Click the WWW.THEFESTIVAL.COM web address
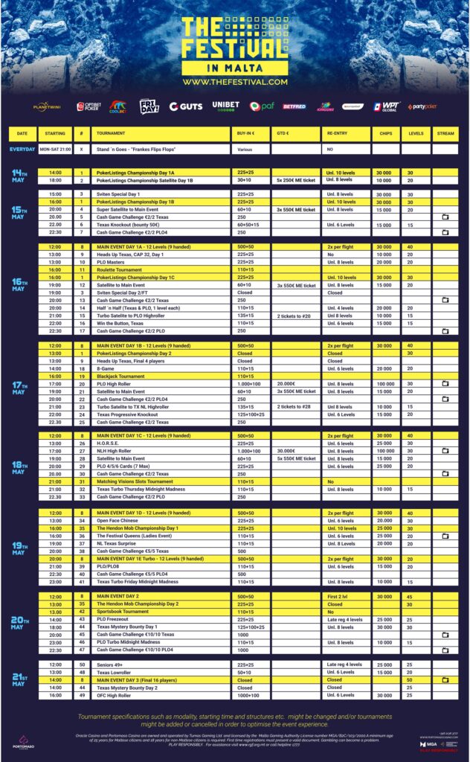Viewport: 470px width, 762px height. [234, 81]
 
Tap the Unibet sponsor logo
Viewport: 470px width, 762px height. [225, 106]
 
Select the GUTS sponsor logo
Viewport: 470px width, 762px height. [185, 106]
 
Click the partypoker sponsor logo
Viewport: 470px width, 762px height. [422, 106]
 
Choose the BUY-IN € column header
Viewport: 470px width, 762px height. [251, 133]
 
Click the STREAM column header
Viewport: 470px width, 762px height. [445, 133]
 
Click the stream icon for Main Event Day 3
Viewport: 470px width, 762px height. [445, 680]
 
